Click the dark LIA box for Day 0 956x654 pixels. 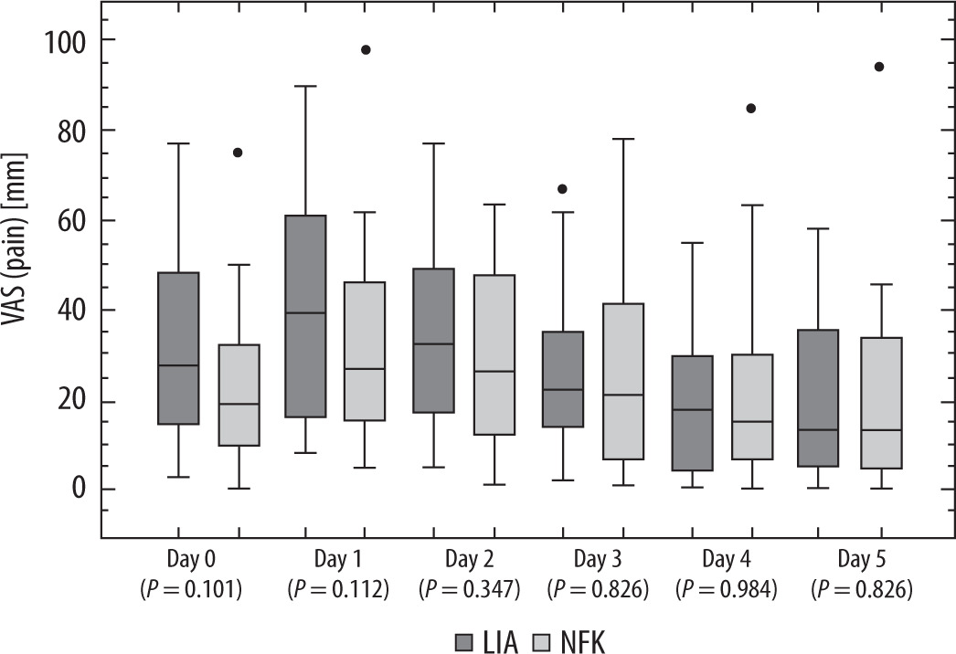point(177,348)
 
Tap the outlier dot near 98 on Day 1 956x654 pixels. point(366,49)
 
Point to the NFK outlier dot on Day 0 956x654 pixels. point(238,153)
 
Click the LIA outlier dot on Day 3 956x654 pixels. point(563,189)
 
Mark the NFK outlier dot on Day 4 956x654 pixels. point(751,108)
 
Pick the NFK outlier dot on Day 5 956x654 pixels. point(880,67)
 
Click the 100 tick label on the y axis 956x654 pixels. point(68,41)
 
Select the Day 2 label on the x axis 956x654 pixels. point(469,557)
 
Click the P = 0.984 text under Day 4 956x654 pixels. point(727,590)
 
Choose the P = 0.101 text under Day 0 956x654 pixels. point(190,590)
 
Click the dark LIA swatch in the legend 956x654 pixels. point(464,641)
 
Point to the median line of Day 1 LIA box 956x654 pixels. point(305,312)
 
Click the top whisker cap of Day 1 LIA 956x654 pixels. point(305,86)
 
